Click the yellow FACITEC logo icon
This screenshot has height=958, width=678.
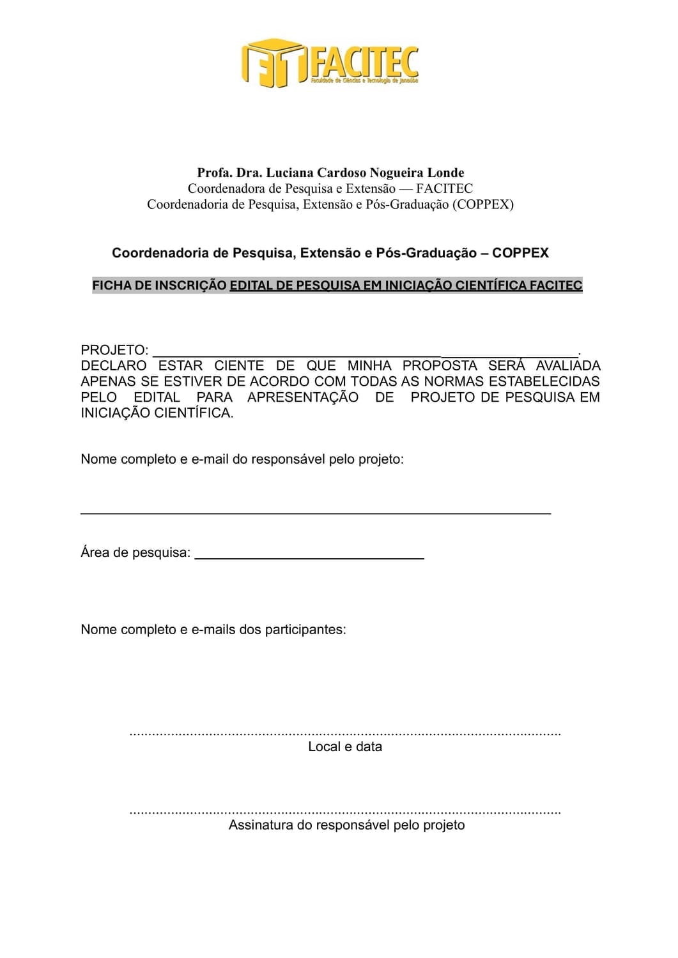coord(272,63)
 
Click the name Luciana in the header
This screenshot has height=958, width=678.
coord(289,172)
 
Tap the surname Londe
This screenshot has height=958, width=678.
coord(446,172)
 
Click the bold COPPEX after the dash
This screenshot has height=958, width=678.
coord(520,253)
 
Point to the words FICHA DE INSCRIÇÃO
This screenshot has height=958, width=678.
coord(160,285)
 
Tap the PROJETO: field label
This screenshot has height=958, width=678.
coord(114,350)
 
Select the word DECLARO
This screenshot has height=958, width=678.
coord(113,366)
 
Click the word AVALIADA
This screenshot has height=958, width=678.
coord(568,366)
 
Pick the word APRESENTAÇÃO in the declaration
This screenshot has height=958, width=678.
coord(303,397)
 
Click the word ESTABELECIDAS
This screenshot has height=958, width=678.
coord(544,381)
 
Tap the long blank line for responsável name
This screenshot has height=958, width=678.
coord(315,513)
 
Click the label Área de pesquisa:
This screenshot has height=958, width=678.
coord(135,553)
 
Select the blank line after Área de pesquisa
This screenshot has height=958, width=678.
coord(309,558)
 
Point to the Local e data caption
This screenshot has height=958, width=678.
coord(345,747)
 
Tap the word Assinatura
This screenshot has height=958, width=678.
coord(259,825)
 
